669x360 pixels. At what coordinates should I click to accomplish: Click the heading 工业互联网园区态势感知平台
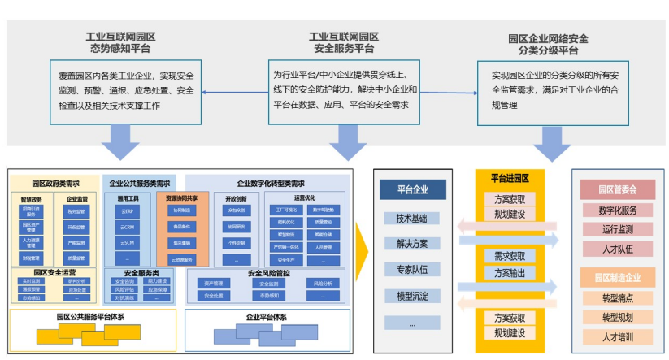(x=121, y=43)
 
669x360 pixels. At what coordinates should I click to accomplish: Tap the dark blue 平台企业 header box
(x=412, y=190)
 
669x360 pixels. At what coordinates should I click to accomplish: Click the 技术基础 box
(x=412, y=219)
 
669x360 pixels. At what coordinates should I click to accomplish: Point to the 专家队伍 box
(x=412, y=270)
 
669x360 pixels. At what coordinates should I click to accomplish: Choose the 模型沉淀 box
(x=412, y=296)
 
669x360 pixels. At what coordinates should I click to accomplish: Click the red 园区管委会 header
(x=618, y=189)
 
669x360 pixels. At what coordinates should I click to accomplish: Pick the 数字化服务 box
(x=618, y=210)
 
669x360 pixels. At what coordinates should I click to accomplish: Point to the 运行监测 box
(x=618, y=230)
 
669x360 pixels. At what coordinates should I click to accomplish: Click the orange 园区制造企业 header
(x=618, y=277)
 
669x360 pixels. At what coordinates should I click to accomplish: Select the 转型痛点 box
(x=618, y=297)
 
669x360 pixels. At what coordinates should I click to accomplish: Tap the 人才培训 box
(x=618, y=336)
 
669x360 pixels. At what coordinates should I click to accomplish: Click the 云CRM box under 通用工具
(x=127, y=227)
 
